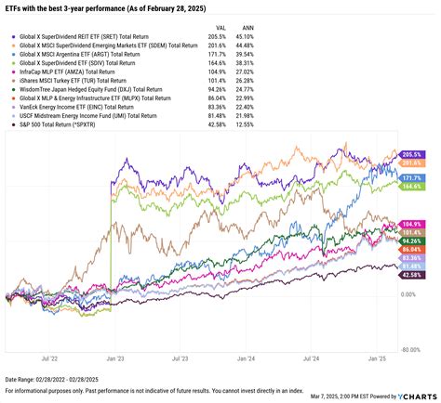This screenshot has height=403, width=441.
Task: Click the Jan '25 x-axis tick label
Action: (x=377, y=357)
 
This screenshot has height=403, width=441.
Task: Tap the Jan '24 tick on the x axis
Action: (x=245, y=357)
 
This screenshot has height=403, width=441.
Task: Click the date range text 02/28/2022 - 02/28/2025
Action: (x=70, y=380)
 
